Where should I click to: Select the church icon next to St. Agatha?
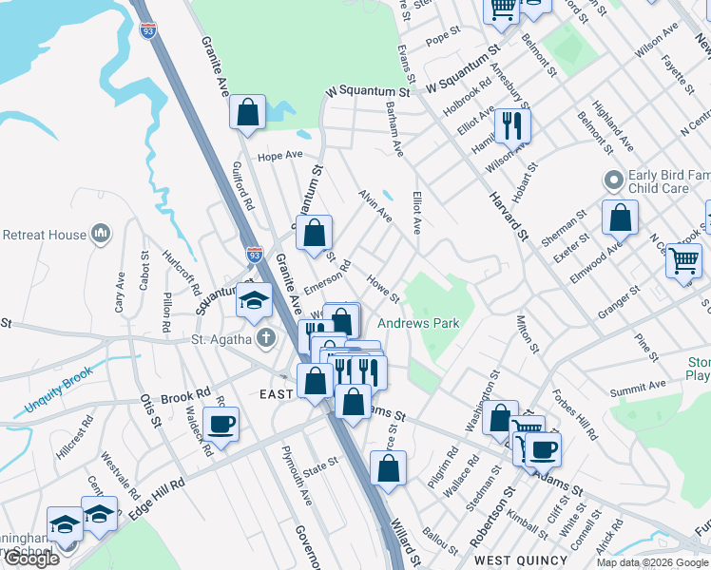pyautogui.click(x=267, y=337)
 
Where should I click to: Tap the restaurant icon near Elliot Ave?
pyautogui.click(x=512, y=124)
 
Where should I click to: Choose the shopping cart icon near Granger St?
pyautogui.click(x=683, y=259)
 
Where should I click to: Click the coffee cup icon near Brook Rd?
pyautogui.click(x=221, y=423)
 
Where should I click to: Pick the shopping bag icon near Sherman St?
pyautogui.click(x=620, y=218)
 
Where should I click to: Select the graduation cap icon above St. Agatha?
pyautogui.click(x=254, y=301)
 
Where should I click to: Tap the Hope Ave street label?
pyautogui.click(x=279, y=155)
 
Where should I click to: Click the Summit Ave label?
pyautogui.click(x=638, y=388)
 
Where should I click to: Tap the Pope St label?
pyautogui.click(x=442, y=40)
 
